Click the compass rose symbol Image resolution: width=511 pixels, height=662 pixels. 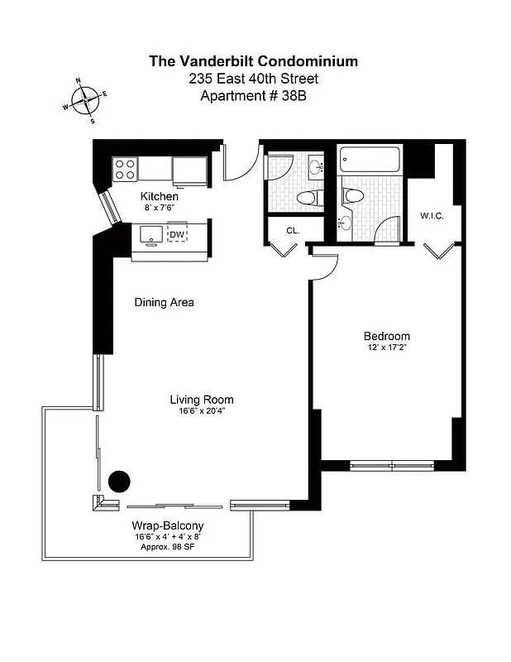click(85, 101)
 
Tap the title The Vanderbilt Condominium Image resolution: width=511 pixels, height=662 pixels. click(254, 60)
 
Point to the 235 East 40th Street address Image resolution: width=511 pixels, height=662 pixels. click(254, 79)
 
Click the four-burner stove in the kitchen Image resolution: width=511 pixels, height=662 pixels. click(125, 168)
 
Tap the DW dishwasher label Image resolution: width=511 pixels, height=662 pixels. click(177, 234)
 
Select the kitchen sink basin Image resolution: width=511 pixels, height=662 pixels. click(150, 234)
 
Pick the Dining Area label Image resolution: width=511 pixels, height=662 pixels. click(165, 303)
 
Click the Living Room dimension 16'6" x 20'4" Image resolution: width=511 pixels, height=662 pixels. click(202, 411)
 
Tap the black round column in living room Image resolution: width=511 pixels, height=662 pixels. click(120, 481)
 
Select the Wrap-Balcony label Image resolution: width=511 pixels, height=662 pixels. click(168, 526)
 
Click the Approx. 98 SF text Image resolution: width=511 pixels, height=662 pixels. click(168, 548)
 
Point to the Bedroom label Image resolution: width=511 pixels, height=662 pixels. click(387, 336)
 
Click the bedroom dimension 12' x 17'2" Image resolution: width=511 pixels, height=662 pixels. click(387, 348)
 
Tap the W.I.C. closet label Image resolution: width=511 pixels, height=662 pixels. click(433, 216)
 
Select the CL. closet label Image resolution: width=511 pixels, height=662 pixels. click(292, 231)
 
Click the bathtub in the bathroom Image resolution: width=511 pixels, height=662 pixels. click(370, 159)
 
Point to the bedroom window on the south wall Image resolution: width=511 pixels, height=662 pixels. click(391, 465)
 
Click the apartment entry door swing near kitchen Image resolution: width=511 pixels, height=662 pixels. click(236, 166)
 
